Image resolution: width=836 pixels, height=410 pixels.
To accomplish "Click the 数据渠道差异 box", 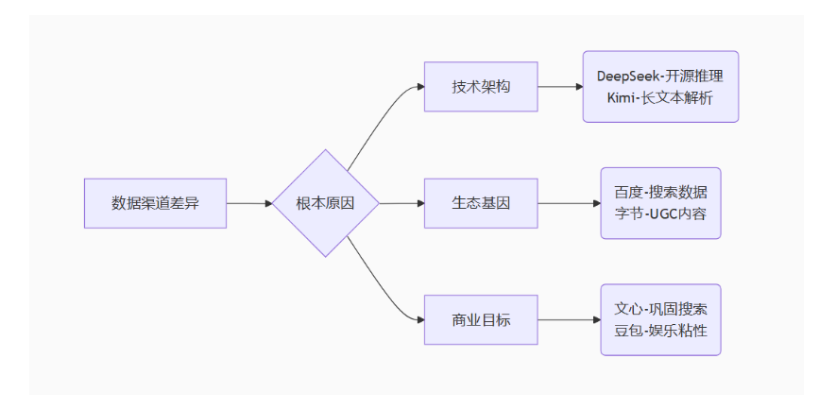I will pos(156,203).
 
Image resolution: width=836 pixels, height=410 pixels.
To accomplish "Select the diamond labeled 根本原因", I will pos(326,203).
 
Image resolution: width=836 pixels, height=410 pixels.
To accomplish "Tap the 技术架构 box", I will pos(481,86).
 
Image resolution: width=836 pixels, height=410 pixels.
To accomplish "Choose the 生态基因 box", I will pos(481,203).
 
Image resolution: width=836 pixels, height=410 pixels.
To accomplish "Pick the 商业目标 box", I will pos(481,319).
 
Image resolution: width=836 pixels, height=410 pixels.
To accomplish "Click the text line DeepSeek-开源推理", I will pos(660,76).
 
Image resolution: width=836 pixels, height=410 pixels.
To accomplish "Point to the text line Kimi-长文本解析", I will pos(660,97).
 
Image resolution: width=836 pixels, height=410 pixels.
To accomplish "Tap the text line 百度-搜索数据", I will pos(660,192).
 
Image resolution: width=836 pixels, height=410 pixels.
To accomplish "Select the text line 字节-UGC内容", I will pos(660,214).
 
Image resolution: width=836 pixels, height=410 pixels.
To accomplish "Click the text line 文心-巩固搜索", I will pos(660,309).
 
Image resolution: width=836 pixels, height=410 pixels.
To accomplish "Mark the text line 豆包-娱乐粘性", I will pos(660,331).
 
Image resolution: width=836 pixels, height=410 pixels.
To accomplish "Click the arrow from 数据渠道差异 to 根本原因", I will pos(249,203).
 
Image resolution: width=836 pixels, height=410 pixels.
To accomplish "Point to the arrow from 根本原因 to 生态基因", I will pos(401,203).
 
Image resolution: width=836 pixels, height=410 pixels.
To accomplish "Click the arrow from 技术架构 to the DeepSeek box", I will pos(559,86).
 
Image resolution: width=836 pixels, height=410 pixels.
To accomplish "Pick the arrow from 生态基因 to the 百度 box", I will pos(569,203).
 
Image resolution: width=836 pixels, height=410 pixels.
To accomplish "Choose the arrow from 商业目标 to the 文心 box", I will pos(569,319).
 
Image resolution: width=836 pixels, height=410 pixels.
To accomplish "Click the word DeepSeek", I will pos(626,76).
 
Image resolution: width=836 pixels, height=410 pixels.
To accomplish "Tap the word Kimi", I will pos(622,97).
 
